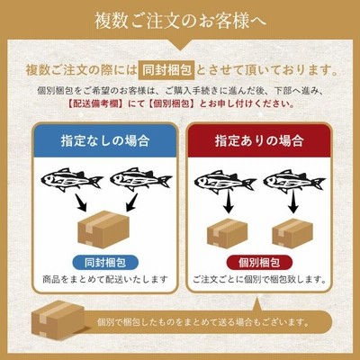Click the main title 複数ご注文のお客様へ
[180, 21]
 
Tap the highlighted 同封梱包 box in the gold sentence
[166, 70]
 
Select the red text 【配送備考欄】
[94, 103]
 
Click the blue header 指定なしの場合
[105, 140]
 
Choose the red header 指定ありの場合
[259, 140]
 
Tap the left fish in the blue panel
[72, 179]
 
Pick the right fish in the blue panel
[141, 179]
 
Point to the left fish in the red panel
[225, 181]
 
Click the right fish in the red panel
[294, 181]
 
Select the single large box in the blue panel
[103, 229]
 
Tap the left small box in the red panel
[228, 233]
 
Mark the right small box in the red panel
[292, 233]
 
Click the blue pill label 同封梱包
[105, 263]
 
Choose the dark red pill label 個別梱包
[259, 263]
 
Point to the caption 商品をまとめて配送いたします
[105, 280]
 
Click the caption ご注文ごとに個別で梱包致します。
[259, 280]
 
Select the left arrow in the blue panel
[80, 203]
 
